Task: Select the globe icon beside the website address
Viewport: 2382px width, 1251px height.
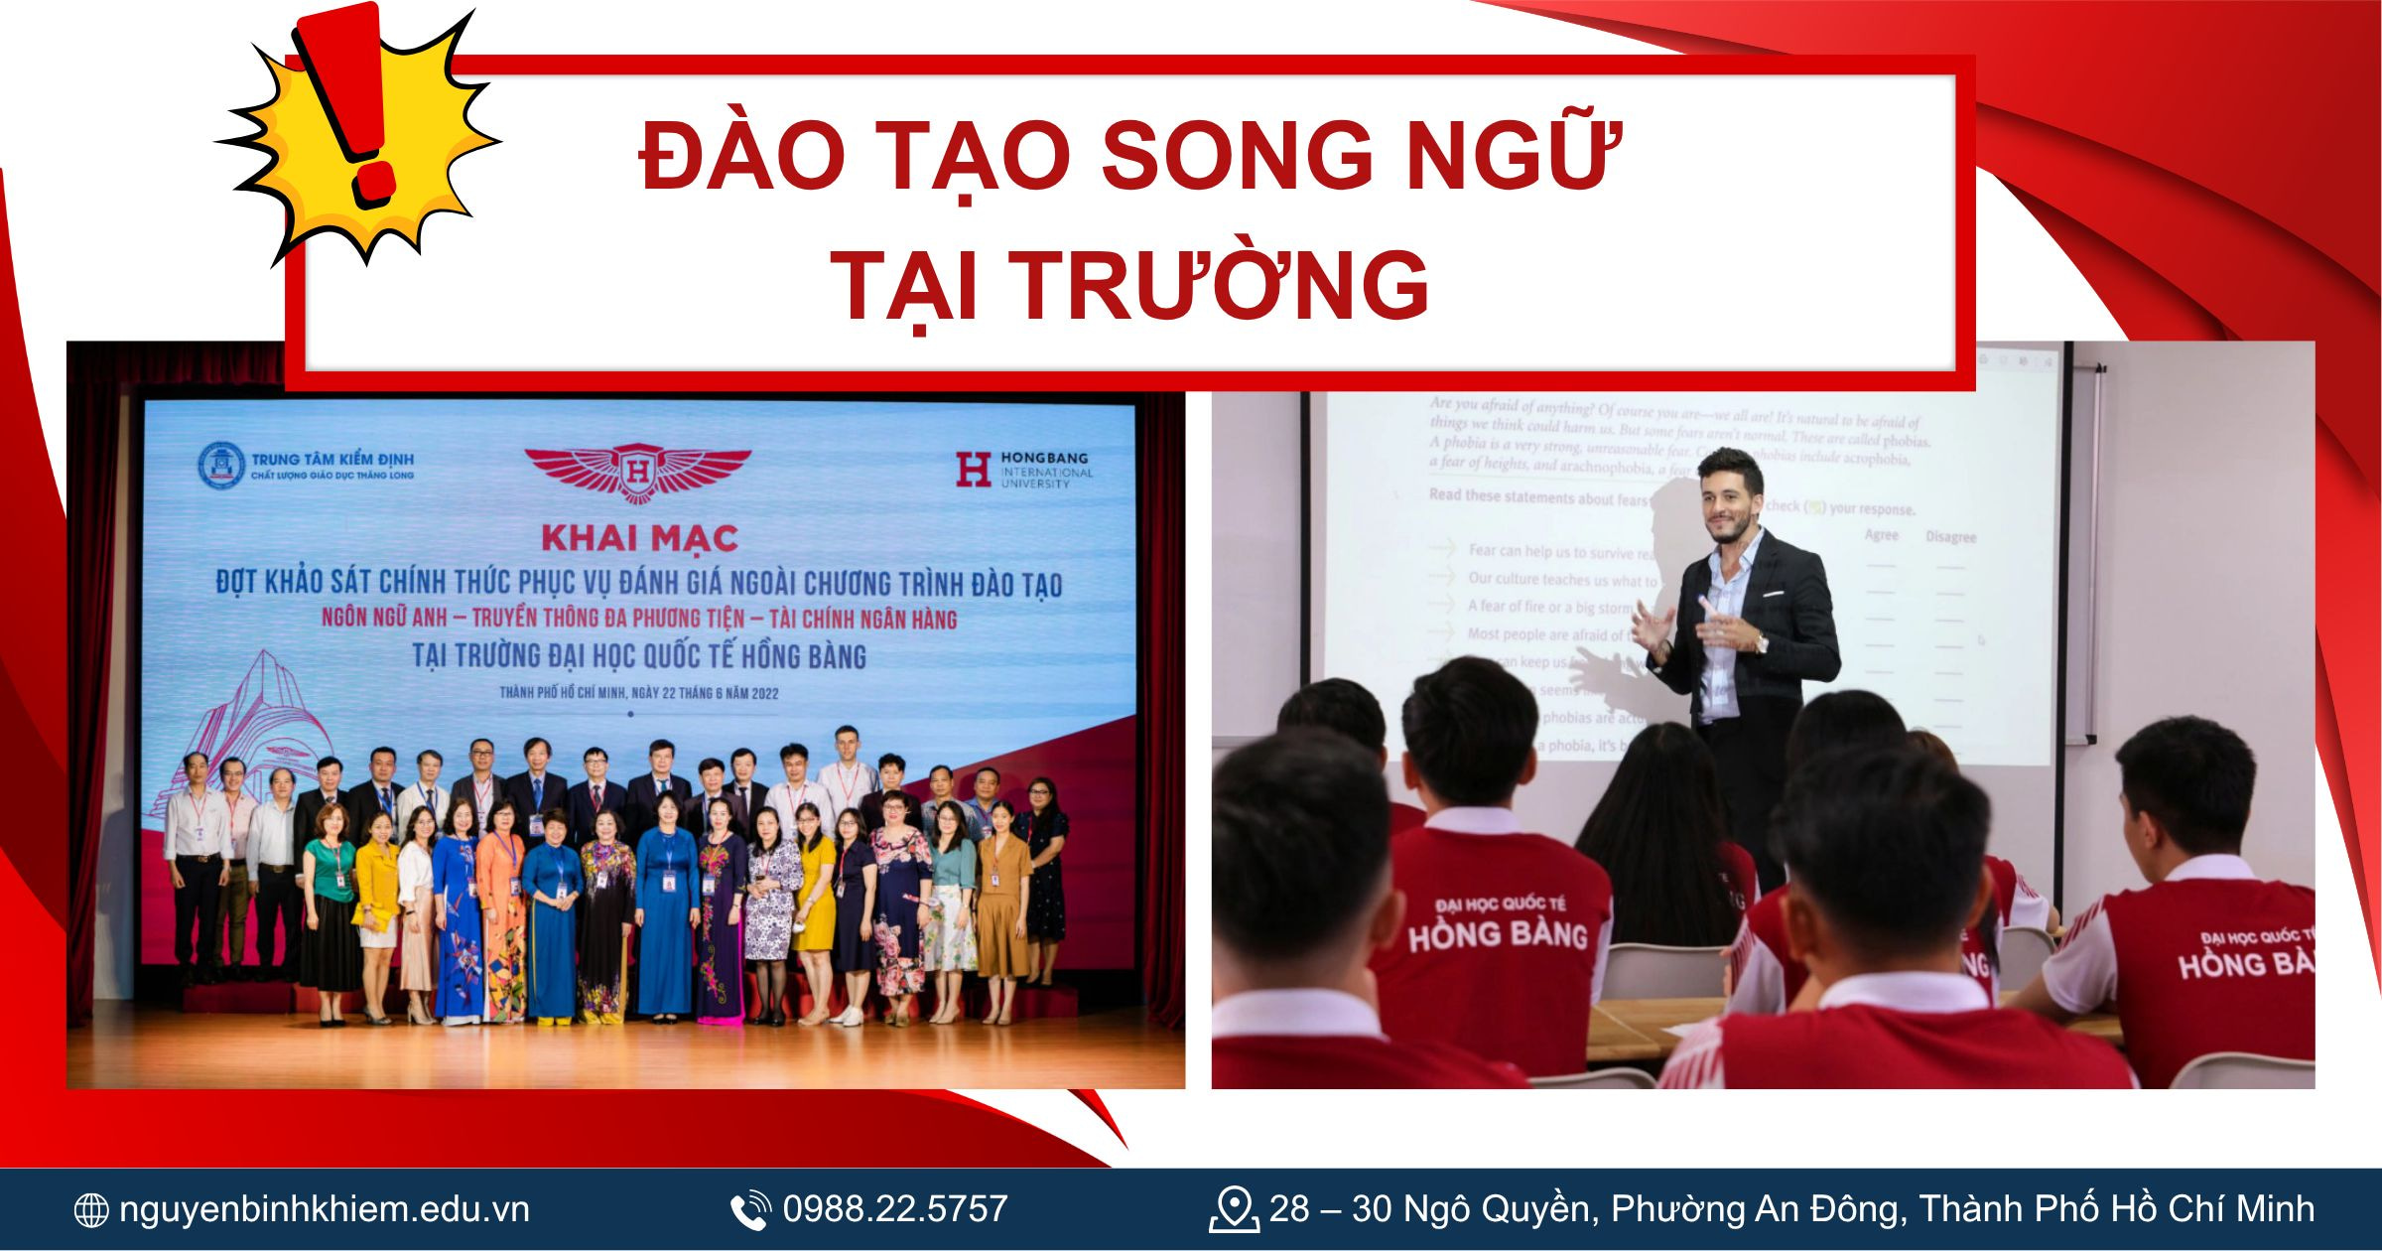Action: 91,1210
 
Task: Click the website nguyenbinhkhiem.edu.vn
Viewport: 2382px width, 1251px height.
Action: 324,1209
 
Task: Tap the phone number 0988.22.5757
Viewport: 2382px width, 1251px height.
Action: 894,1209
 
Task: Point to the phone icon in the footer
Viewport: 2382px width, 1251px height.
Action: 750,1210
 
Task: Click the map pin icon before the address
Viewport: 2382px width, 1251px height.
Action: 1233,1209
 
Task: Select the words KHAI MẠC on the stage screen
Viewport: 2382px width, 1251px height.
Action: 639,538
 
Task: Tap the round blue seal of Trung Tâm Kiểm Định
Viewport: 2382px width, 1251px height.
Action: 220,466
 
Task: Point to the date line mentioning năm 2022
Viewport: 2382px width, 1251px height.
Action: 639,693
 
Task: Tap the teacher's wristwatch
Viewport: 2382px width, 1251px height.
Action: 1761,643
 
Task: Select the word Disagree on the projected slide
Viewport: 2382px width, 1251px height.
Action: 1950,537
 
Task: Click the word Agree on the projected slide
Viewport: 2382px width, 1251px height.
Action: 1881,535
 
